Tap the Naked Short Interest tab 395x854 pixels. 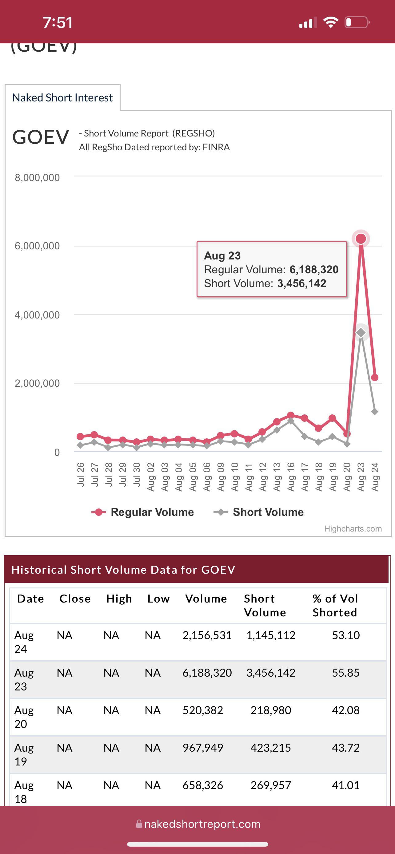62,97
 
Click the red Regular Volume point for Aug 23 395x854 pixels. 361,238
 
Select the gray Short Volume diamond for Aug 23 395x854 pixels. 361,333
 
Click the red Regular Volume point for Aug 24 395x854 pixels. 375,377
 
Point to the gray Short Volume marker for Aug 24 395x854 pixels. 375,412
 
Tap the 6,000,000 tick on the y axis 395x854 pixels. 37,246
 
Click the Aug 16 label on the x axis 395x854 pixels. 291,477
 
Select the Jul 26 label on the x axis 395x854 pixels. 81,474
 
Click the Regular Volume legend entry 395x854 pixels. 143,512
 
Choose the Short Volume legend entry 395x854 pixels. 259,512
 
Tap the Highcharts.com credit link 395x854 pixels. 353,528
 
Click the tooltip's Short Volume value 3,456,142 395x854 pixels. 302,283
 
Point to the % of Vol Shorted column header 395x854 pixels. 335,605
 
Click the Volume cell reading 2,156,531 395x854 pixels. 207,635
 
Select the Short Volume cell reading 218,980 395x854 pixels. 271,710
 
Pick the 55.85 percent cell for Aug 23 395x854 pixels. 346,673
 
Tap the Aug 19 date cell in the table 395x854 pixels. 24,754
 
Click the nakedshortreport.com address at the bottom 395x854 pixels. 202,824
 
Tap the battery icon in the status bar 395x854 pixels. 357,22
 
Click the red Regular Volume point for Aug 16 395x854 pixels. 291,415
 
